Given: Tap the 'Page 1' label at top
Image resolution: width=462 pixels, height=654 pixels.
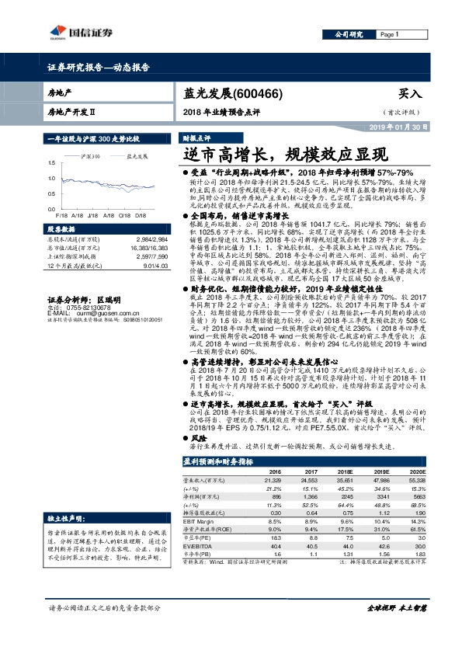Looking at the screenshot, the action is pyautogui.click(x=389, y=35).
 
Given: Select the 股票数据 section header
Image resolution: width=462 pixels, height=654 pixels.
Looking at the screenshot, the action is pyautogui.click(x=61, y=230).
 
